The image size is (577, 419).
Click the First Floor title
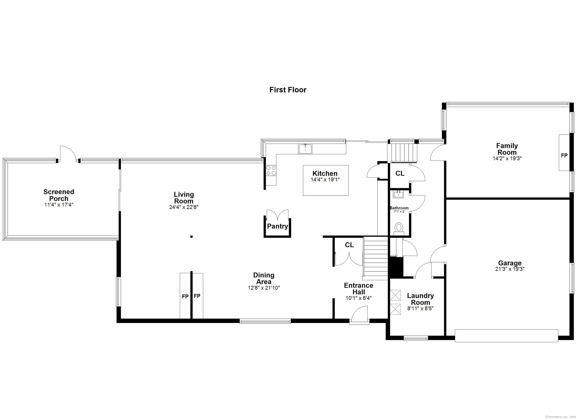[x=288, y=90]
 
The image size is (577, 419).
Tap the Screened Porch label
[x=59, y=195]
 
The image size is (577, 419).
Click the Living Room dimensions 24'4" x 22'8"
[x=184, y=207]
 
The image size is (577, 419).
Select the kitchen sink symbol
[x=305, y=149]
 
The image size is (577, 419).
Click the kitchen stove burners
[x=271, y=170]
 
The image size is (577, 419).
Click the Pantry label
[x=277, y=226]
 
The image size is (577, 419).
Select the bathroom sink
[x=399, y=195]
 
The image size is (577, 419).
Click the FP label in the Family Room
[x=564, y=155]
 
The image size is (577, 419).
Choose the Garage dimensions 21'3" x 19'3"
[x=510, y=269]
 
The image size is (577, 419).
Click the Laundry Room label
[x=420, y=299]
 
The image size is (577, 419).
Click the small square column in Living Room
[x=191, y=237]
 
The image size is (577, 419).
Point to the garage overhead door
[x=506, y=336]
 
